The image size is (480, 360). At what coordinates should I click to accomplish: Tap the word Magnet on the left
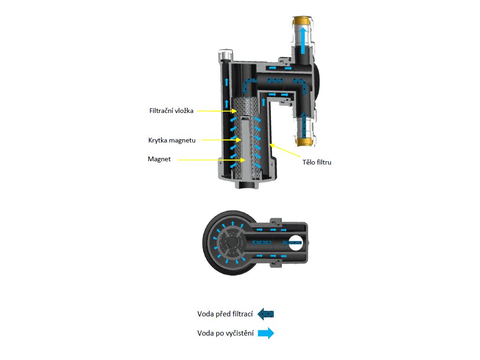(x=159, y=159)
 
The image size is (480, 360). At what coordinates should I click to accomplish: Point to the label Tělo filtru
(x=317, y=163)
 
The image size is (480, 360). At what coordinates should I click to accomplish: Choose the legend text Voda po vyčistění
(x=225, y=333)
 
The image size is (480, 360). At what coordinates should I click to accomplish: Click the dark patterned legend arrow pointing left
(x=265, y=314)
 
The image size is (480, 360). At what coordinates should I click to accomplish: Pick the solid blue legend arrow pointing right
(x=266, y=333)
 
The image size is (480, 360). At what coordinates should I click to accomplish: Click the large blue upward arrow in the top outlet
(x=304, y=39)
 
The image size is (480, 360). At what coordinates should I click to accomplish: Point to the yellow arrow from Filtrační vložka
(x=216, y=111)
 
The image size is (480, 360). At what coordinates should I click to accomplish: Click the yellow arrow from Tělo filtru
(x=285, y=152)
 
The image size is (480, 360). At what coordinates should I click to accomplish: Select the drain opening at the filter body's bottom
(x=247, y=186)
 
